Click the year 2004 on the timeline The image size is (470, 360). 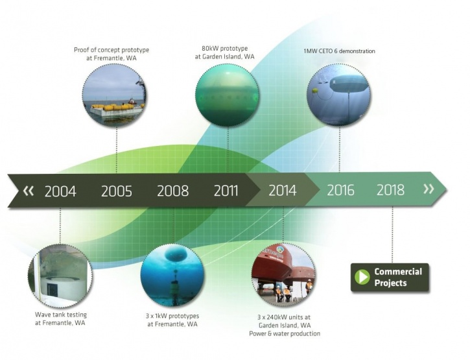point(60,191)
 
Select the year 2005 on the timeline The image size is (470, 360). point(116,191)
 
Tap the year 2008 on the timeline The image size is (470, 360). point(172,191)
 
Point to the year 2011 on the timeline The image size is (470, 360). point(226,191)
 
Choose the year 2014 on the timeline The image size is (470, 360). point(283,191)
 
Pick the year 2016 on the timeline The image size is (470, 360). point(340,190)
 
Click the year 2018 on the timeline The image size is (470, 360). point(390,190)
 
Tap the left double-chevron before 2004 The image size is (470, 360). point(29,191)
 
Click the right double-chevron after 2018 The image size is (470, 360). point(429,189)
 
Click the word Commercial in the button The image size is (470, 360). point(398,272)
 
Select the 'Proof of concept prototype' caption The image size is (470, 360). point(112,50)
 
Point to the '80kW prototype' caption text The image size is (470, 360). point(225,48)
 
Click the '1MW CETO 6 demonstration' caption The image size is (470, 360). point(339,51)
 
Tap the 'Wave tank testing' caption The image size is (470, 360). point(61,315)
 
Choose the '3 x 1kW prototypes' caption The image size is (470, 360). point(172,316)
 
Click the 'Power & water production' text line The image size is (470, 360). point(285,333)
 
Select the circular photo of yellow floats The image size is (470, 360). point(115,96)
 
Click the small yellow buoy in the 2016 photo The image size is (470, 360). point(315,90)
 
